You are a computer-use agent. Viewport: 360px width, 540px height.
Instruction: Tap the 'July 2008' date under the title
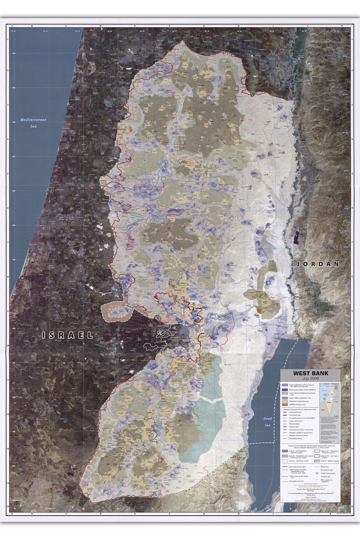pos(310,378)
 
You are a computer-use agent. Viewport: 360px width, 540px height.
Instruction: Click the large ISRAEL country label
pos(68,335)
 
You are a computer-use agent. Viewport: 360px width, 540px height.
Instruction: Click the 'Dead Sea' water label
pos(267,422)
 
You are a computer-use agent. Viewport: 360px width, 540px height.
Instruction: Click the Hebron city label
pos(149,430)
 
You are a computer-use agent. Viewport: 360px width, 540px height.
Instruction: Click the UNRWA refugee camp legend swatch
pos(285,404)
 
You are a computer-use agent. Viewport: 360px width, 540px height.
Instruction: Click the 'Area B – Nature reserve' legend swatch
pos(317,461)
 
